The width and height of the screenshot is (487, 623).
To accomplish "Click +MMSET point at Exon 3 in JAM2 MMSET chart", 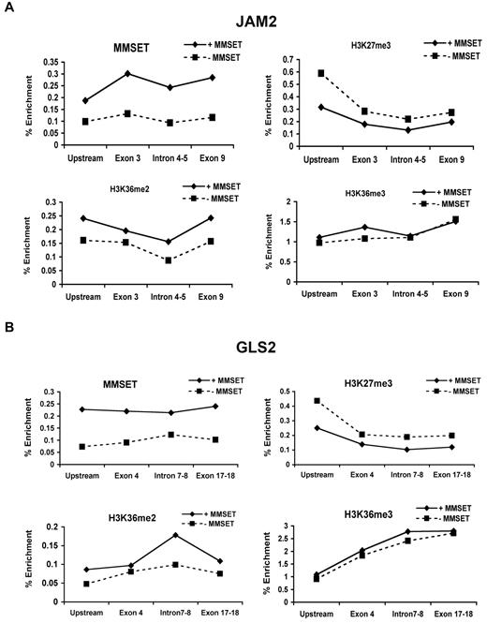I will (126, 73).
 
